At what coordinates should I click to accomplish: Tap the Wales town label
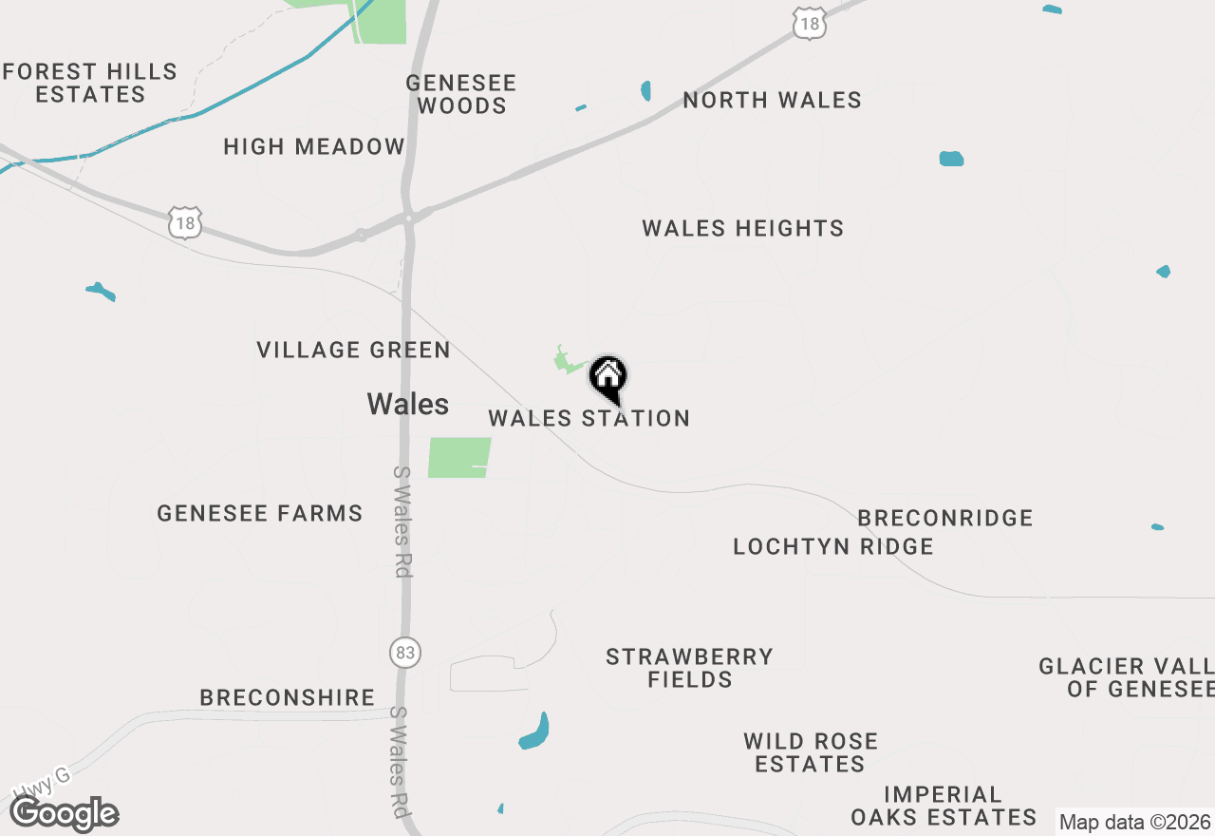click(407, 404)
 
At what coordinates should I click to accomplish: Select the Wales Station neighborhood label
click(589, 418)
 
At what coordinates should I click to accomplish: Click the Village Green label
click(353, 350)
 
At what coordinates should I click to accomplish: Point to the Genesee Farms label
click(260, 513)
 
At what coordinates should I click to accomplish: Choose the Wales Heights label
click(742, 228)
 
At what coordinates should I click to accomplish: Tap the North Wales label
click(772, 100)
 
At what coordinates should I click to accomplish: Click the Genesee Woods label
click(461, 94)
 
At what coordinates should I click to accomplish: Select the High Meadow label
click(314, 146)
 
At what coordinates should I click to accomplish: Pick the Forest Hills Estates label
click(89, 83)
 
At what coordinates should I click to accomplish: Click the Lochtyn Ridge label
click(833, 546)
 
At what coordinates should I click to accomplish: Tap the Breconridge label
click(944, 518)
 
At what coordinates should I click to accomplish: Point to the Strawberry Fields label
click(690, 667)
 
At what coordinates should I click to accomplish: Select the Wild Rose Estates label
click(811, 751)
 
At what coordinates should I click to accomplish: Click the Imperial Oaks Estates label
click(944, 805)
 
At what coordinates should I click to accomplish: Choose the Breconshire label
click(287, 697)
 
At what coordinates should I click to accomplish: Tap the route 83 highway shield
click(405, 653)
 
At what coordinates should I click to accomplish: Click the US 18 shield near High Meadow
click(187, 224)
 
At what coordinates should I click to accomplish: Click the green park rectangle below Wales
click(459, 457)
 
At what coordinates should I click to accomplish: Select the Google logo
click(65, 813)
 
